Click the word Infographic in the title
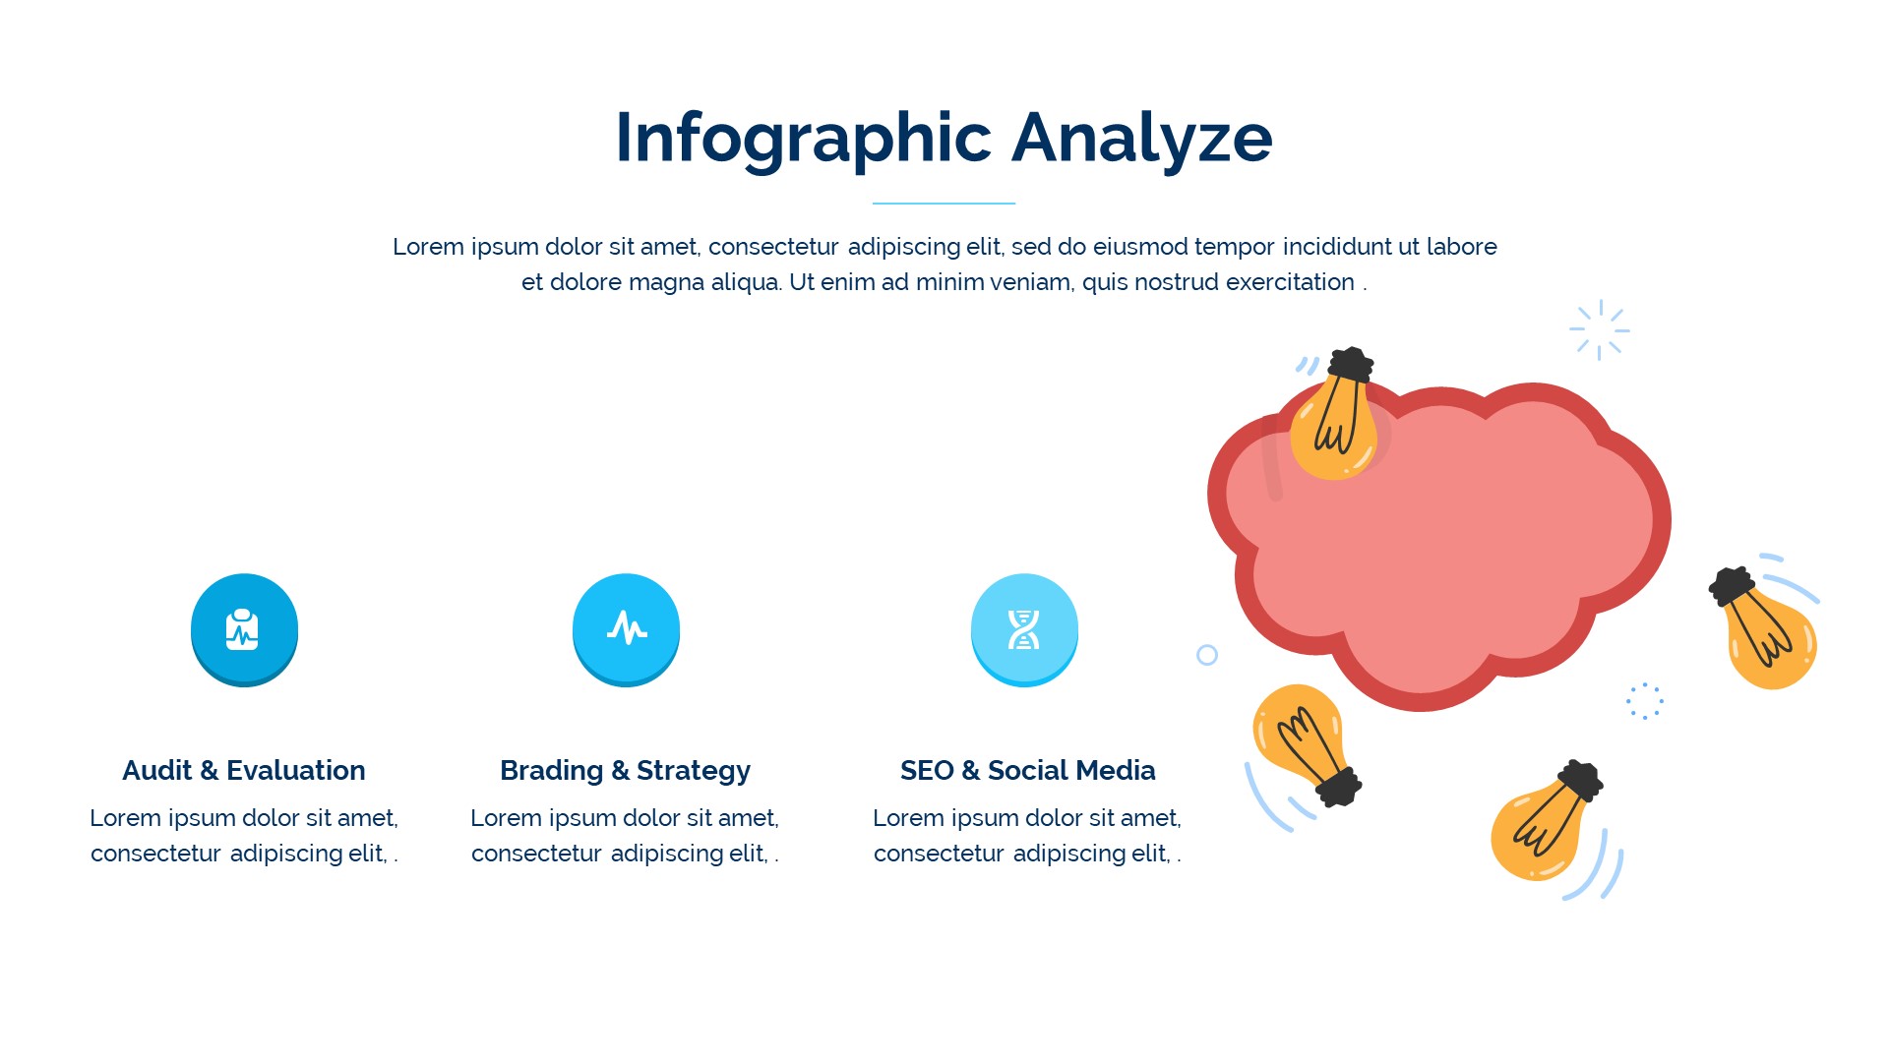[x=803, y=139]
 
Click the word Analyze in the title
[x=1142, y=139]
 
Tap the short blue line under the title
[x=944, y=204]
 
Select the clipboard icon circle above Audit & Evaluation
[x=244, y=629]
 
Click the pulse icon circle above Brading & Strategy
[x=626, y=629]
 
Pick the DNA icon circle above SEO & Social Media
[x=1024, y=629]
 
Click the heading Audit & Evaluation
[x=244, y=770]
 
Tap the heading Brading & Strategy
[x=625, y=770]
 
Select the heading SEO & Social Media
[x=1027, y=770]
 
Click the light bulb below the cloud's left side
[x=1304, y=741]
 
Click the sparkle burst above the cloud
[x=1600, y=330]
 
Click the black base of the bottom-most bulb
[x=1580, y=780]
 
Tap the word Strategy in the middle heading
[x=694, y=770]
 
